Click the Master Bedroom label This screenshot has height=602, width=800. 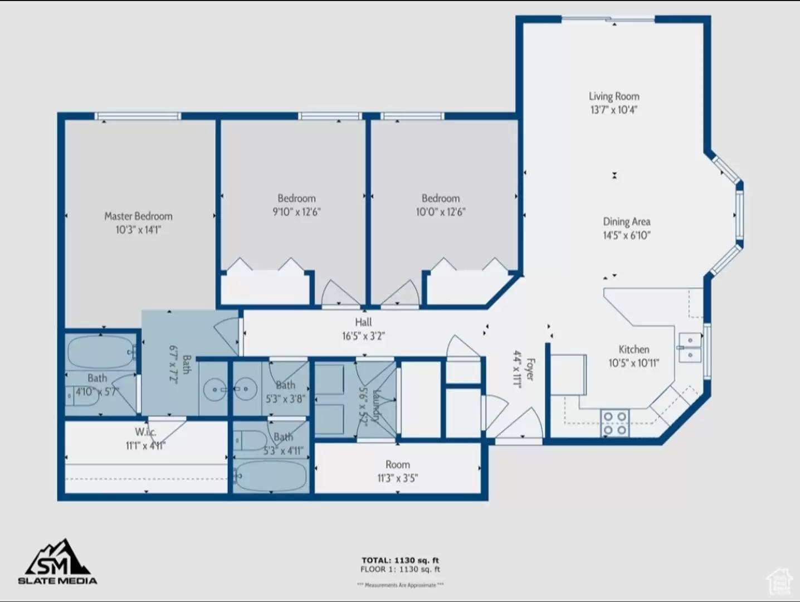pyautogui.click(x=138, y=216)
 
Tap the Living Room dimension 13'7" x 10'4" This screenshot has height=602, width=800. pyautogui.click(x=614, y=110)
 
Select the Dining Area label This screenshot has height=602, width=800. pyautogui.click(x=626, y=221)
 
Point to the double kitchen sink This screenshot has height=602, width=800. pyautogui.click(x=690, y=347)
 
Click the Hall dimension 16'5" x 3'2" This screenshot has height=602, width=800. pyautogui.click(x=363, y=336)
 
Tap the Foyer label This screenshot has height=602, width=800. pyautogui.click(x=530, y=369)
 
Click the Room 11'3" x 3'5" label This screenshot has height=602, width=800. pyautogui.click(x=397, y=464)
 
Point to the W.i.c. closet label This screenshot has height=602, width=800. pyautogui.click(x=145, y=432)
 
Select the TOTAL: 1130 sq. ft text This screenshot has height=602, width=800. pyautogui.click(x=400, y=560)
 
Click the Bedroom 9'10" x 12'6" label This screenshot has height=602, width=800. pyautogui.click(x=296, y=198)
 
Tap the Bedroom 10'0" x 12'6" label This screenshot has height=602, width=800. pyautogui.click(x=440, y=198)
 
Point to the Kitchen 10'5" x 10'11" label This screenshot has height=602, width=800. pyautogui.click(x=633, y=349)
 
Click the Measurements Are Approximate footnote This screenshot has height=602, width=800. pyautogui.click(x=400, y=585)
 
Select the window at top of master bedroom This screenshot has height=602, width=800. pyautogui.click(x=138, y=116)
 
